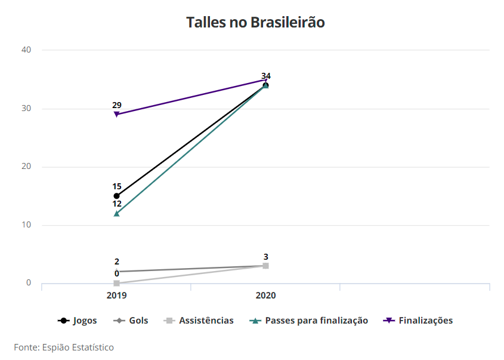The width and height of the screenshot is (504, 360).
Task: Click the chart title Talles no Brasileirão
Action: pos(255,23)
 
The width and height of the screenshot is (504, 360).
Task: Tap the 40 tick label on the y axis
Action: pos(26,50)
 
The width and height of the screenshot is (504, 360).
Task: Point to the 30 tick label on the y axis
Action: pos(26,109)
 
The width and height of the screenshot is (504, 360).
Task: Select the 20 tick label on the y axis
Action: pos(26,167)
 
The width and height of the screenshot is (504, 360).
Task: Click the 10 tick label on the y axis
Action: pos(26,225)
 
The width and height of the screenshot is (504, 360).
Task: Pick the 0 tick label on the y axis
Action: pos(29,283)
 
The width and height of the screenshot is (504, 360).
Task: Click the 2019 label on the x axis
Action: pos(116,296)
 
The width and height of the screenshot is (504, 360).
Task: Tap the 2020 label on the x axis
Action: pos(265,296)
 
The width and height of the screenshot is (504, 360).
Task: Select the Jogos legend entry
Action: pos(78,321)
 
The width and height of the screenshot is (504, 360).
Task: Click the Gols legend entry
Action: pos(131,321)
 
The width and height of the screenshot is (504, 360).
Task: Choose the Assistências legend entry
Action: pos(199,321)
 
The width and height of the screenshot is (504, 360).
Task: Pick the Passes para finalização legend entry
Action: pos(308,321)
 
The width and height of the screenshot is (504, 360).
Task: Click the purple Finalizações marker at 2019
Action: pos(116,115)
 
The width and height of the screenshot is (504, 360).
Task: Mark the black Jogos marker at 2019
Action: pos(116,196)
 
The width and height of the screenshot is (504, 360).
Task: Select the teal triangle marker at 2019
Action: pos(116,213)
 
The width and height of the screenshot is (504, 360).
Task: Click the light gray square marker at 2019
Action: pos(116,283)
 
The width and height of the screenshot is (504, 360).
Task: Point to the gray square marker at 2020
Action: pos(265,266)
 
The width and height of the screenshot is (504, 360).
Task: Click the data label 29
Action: pos(116,105)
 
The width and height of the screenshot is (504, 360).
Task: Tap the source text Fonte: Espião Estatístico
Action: pos(64,347)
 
